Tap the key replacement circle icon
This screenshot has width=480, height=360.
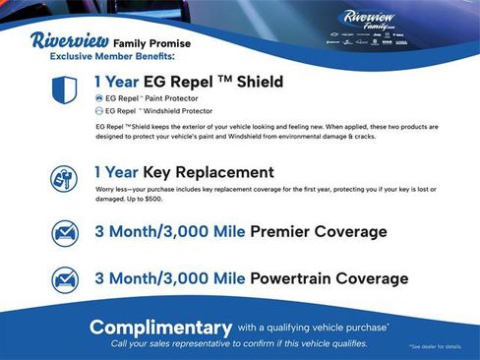[x=63, y=178]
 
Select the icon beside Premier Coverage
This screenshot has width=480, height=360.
[x=63, y=233]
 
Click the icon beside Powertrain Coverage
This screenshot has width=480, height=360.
[x=63, y=278]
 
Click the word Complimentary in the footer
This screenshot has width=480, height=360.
[x=160, y=327]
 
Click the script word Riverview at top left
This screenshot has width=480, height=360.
[x=69, y=41]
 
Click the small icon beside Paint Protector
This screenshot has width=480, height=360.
[x=98, y=98]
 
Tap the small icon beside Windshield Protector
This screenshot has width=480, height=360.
[x=98, y=111]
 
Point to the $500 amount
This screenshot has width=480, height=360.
[x=148, y=199]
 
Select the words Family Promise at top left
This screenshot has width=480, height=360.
[x=152, y=43]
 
